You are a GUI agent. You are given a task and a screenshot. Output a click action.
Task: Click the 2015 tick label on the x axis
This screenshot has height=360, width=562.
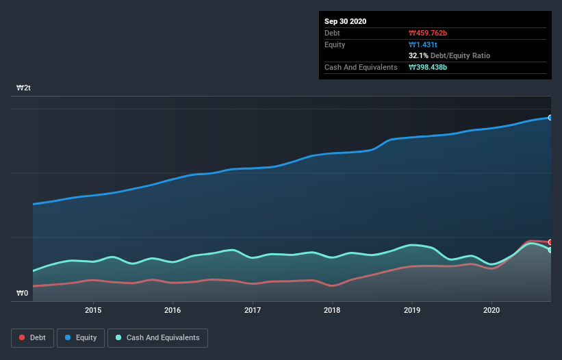tap(93, 310)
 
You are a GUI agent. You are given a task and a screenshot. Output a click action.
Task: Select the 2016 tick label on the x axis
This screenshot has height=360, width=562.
tap(173, 310)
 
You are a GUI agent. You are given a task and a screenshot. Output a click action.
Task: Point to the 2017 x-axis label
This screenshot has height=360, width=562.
tap(253, 310)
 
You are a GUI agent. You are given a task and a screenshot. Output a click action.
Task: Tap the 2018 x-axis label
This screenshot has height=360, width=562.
tap(332, 310)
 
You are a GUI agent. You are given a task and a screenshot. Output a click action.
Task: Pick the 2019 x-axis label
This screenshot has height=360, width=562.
tap(412, 310)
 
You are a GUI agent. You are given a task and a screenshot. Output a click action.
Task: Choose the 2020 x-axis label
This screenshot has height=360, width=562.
tap(491, 310)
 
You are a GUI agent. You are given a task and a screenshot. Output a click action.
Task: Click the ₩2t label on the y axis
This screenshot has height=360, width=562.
tap(23, 88)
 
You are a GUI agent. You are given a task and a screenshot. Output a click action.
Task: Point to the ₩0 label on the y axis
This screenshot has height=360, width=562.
tap(22, 294)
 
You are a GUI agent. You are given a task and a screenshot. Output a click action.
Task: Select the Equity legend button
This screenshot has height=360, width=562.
tap(80, 337)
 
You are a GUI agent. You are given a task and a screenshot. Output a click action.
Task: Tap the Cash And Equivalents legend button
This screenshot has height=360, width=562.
tap(157, 337)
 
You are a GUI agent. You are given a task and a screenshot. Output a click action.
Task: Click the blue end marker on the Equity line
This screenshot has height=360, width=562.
tap(550, 118)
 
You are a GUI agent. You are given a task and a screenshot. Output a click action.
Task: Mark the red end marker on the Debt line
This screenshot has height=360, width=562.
tap(550, 242)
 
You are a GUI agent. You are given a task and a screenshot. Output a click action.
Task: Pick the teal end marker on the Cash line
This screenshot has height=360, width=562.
tap(550, 250)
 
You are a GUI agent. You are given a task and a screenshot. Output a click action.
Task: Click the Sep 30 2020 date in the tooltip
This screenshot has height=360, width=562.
tap(345, 21)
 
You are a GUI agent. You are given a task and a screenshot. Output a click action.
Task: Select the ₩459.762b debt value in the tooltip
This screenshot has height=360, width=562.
tap(429, 33)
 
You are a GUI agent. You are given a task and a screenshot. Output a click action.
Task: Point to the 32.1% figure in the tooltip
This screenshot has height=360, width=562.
tap(418, 55)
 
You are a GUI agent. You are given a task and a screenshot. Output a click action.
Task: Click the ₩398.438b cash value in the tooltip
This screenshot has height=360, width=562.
tap(429, 67)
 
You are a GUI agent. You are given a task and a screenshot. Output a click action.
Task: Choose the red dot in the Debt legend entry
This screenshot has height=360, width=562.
tap(23, 337)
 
